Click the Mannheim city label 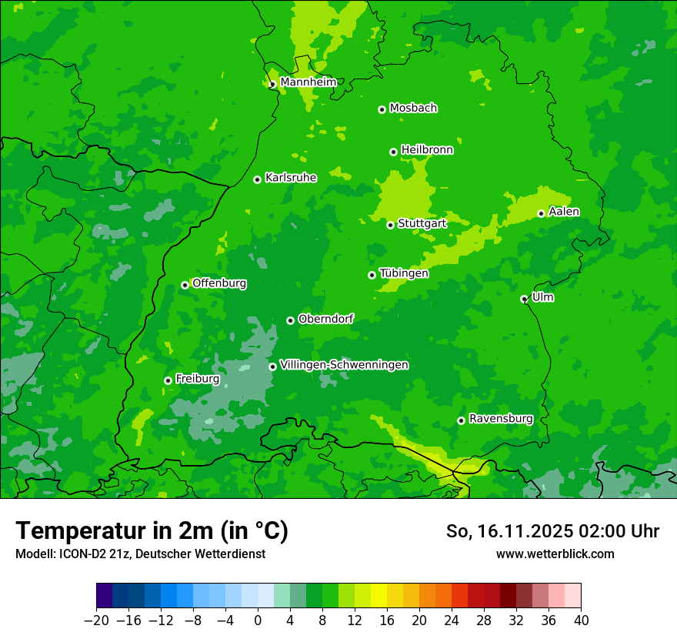[308, 82]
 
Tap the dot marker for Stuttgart [391, 225]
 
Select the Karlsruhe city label [291, 178]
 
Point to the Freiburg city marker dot [168, 380]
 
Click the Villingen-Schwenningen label [344, 365]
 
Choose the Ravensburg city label [501, 419]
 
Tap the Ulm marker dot [525, 299]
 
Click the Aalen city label [564, 212]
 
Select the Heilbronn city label [427, 150]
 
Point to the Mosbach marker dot [382, 109]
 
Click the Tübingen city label [404, 273]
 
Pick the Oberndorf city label [325, 319]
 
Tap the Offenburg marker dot [185, 285]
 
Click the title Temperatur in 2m [152, 530]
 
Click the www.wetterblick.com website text [555, 554]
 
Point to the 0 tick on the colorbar [258, 621]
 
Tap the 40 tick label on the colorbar [581, 621]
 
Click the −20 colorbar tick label [96, 621]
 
